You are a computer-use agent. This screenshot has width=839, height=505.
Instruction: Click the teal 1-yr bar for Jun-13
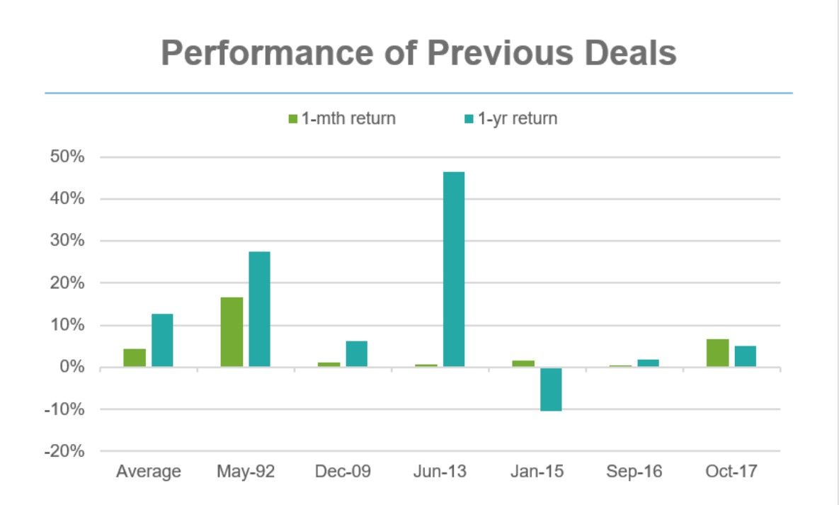454,269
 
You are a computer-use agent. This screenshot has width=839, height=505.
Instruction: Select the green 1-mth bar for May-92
232,331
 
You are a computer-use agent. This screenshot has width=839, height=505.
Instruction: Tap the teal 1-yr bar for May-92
259,309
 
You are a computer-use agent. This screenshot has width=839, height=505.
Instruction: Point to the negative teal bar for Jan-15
551,389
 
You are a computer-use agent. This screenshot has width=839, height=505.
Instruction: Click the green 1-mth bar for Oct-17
717,353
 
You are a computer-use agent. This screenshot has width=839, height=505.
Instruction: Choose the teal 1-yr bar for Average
162,340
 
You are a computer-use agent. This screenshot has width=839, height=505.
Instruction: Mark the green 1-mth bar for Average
135,358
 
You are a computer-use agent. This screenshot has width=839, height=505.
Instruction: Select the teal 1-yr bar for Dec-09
357,353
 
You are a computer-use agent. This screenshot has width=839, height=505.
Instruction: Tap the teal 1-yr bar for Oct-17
745,356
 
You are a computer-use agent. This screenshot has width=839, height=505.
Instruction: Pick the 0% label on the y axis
73,367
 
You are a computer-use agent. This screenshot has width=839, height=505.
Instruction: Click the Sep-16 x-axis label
634,471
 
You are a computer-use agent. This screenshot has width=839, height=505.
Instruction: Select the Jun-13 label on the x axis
440,471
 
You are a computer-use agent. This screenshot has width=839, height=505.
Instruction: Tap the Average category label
149,471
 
